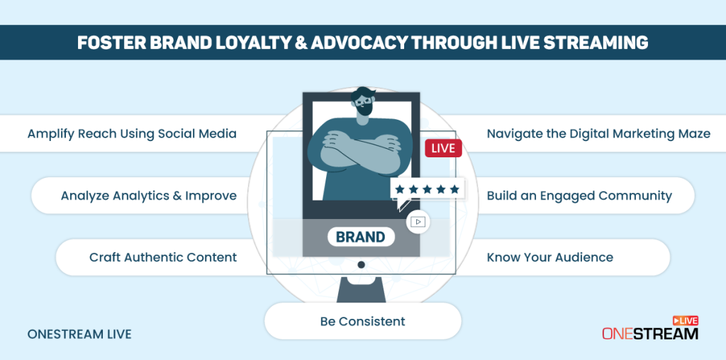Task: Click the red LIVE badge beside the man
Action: coord(443,149)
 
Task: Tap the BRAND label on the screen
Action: coord(361,237)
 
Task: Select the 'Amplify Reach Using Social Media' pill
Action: coord(132,133)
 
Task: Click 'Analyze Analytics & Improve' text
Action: coord(148,196)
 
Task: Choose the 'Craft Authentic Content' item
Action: coord(163,257)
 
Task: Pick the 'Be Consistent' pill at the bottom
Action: coord(362,321)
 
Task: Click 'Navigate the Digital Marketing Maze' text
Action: coord(598,133)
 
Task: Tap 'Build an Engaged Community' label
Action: coord(579,196)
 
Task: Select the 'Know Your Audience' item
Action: coord(549,257)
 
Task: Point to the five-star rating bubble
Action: coord(428,189)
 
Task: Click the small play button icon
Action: coord(418,222)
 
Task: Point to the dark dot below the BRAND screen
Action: coord(361,264)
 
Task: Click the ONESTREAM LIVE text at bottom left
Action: coord(79,334)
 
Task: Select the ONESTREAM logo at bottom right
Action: coord(649,330)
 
